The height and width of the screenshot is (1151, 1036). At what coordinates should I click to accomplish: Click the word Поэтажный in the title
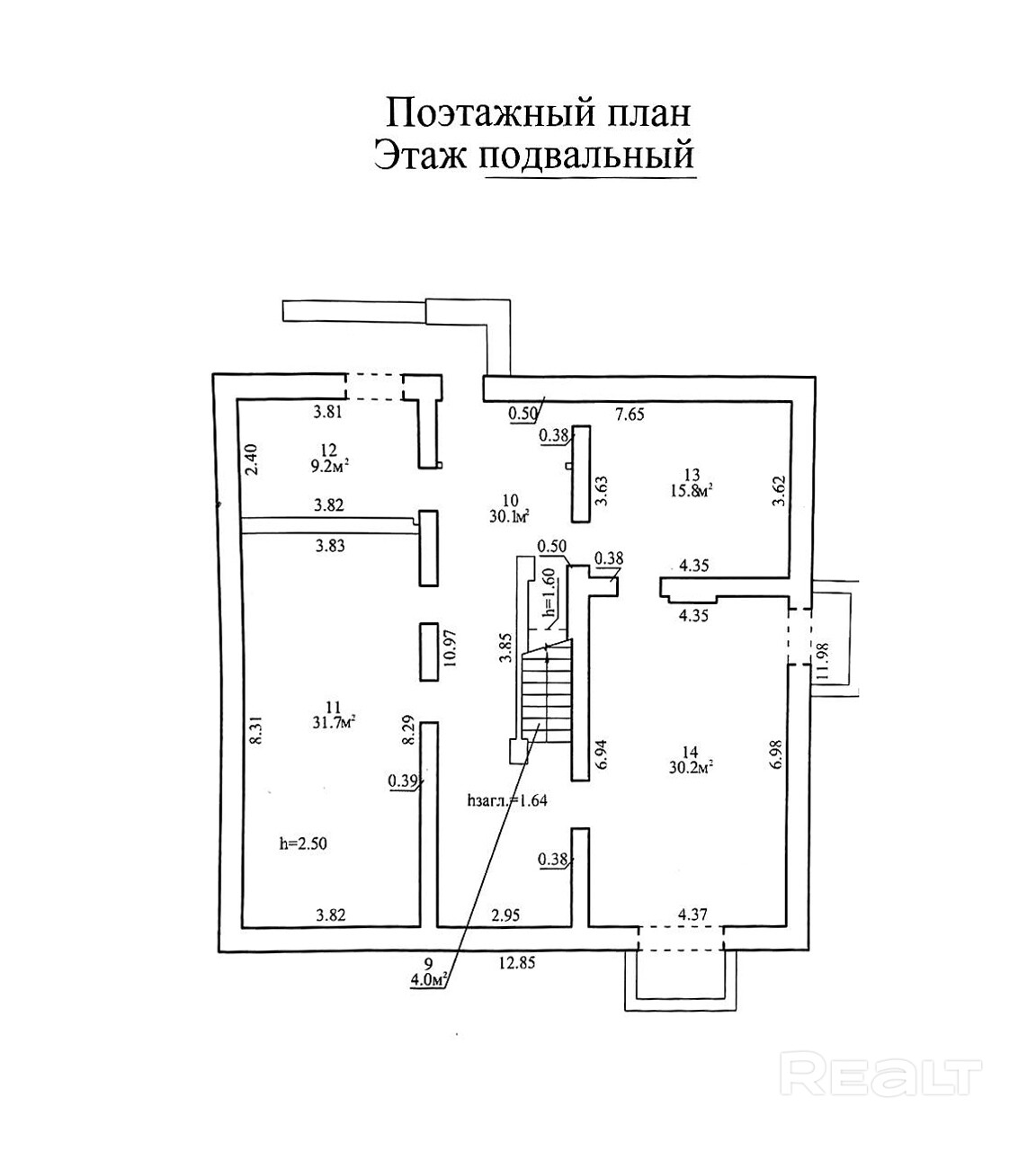click(462, 113)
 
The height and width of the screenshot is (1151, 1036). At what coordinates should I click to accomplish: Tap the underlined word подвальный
click(589, 155)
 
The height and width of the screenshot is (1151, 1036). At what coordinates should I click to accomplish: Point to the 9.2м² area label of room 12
click(327, 466)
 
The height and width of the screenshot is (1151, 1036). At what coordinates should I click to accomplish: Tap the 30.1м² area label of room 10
click(509, 515)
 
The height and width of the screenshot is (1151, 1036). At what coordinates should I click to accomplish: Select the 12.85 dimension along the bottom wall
click(517, 963)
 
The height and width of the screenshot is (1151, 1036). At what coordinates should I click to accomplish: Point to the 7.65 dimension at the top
click(630, 415)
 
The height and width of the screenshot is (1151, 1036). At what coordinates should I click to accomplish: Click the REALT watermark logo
click(885, 1074)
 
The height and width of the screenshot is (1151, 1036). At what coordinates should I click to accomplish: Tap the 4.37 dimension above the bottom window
click(692, 915)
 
